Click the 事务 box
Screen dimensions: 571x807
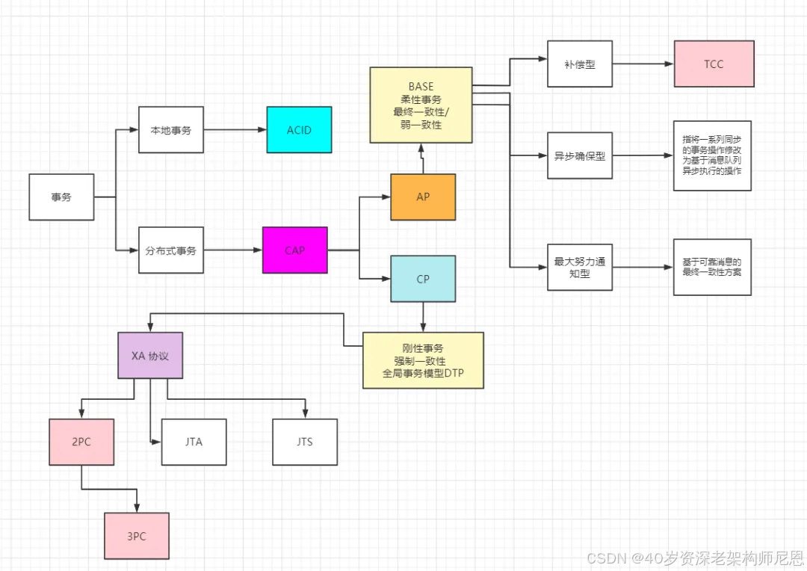point(61,197)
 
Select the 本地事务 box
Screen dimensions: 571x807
point(171,130)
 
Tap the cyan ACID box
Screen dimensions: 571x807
point(299,130)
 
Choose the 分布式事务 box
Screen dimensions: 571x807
point(171,250)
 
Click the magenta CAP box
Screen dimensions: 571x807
point(295,250)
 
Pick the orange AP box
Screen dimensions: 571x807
point(423,197)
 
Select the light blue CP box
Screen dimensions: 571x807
point(423,279)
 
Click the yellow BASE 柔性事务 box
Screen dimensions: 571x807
point(421,105)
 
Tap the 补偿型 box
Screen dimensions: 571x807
point(580,64)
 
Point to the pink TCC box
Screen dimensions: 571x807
point(714,64)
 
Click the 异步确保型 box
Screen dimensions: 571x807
point(580,156)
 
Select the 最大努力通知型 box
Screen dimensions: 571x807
point(580,267)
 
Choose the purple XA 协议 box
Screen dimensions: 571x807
point(150,355)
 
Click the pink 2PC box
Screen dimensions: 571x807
point(81,442)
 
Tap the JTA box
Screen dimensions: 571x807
point(194,442)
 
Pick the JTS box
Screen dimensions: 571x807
point(304,442)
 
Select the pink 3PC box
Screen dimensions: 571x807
point(137,536)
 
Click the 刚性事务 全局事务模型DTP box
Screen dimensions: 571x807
point(423,360)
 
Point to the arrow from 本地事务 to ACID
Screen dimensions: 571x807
point(235,130)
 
